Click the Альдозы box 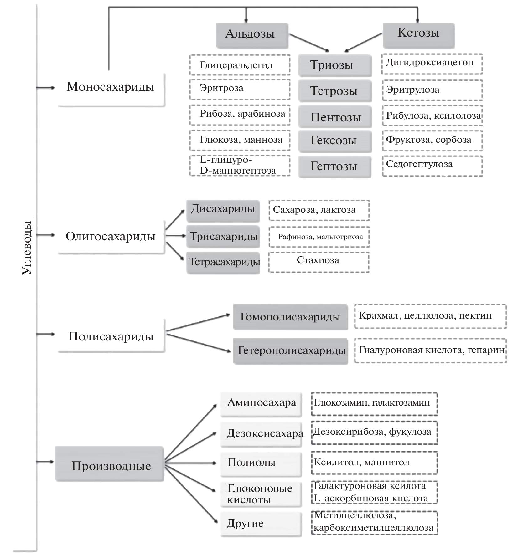252,35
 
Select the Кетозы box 418,35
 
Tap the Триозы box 335,65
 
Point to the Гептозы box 334,166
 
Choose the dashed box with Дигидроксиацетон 432,64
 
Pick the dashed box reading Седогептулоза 432,166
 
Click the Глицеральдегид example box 240,65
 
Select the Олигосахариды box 111,237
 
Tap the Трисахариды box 223,237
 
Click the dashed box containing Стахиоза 319,262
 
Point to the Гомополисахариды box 290,317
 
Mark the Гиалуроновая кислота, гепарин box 430,350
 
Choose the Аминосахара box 261,404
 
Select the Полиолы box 261,463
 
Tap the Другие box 261,524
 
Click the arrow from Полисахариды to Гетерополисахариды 198,342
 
